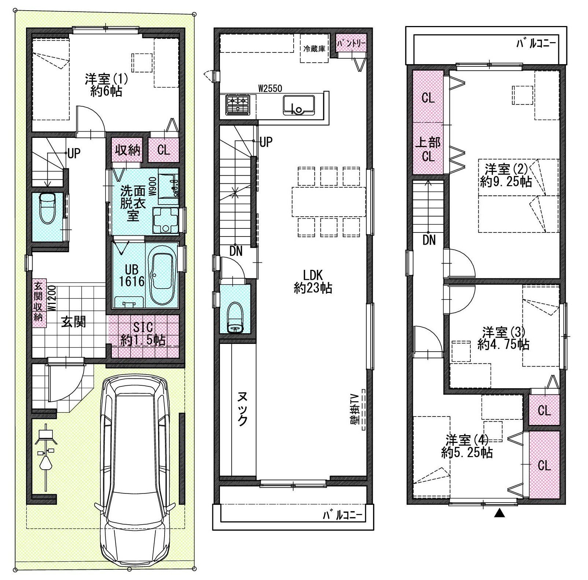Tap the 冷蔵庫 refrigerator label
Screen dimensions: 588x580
314,48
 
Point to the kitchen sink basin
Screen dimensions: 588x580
298,105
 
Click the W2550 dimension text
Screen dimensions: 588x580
270,88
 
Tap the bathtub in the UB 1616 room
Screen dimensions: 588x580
162,275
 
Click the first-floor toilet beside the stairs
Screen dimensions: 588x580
47,208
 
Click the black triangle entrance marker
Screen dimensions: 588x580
499,514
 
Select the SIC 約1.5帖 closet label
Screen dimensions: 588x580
143,334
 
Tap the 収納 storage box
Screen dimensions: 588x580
128,150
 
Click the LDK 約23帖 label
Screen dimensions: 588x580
313,281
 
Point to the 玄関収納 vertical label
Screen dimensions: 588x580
38,301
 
